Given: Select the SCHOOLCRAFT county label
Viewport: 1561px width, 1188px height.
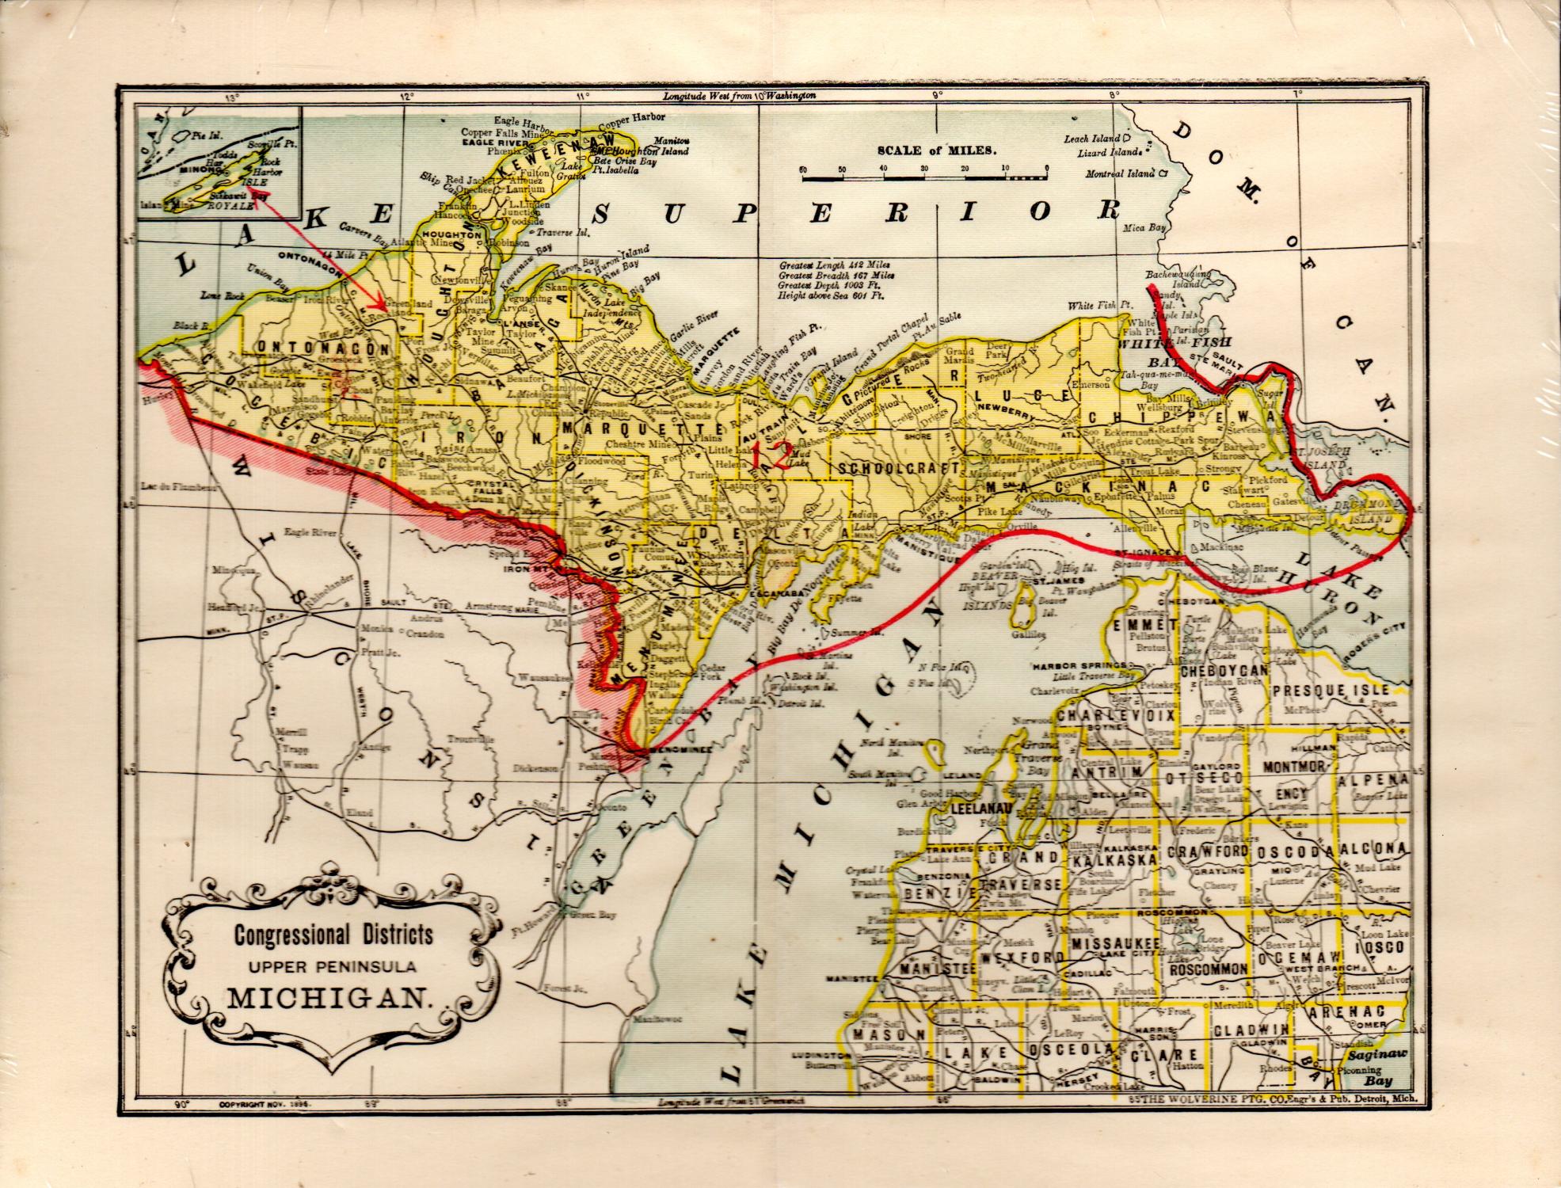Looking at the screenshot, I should click(x=899, y=468).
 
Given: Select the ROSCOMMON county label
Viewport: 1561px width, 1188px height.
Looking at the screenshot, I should click(x=1209, y=969).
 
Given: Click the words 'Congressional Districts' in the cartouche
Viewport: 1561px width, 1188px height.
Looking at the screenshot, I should click(x=333, y=935).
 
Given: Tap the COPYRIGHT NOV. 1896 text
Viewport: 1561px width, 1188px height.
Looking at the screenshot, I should click(x=264, y=1102).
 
